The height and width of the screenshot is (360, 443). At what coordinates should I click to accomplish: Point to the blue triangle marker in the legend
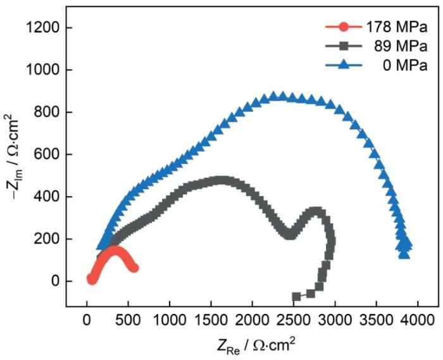click(x=343, y=65)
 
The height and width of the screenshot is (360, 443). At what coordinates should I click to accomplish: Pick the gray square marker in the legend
click(x=343, y=46)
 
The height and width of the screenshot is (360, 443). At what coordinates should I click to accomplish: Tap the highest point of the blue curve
click(x=275, y=96)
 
